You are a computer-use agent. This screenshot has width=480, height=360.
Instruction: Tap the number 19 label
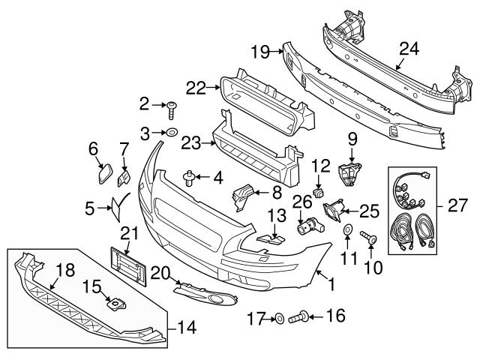click(259, 52)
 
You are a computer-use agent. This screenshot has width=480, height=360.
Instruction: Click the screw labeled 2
click(172, 109)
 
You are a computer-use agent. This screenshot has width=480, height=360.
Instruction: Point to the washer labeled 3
click(170, 133)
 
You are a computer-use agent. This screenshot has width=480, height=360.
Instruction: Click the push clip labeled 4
click(190, 177)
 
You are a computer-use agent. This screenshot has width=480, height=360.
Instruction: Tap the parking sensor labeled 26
click(309, 224)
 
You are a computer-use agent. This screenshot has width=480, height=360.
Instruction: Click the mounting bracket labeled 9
click(351, 172)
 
